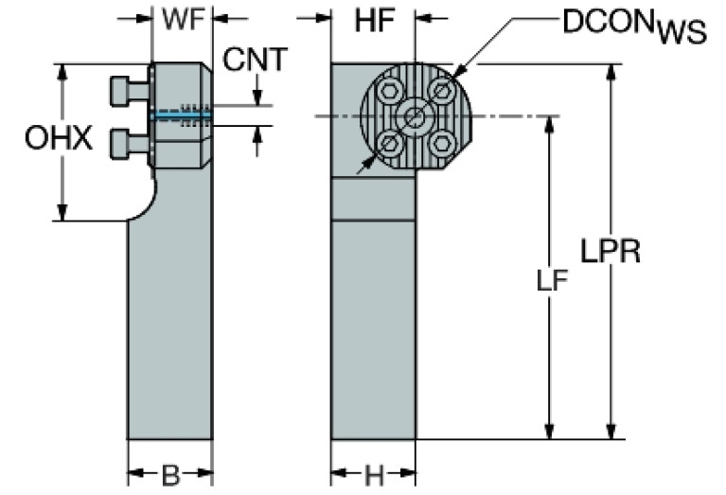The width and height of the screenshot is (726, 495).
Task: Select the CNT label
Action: coord(255,60)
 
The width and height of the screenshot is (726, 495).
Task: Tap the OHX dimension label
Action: coord(58,139)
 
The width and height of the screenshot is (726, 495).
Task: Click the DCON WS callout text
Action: coord(633,27)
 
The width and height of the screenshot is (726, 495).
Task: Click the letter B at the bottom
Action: coord(170,472)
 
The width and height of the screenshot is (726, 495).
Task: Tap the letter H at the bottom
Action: coord(374,472)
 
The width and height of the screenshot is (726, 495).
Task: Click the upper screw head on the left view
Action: coord(122,90)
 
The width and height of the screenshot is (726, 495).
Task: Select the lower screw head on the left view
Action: coord(122,143)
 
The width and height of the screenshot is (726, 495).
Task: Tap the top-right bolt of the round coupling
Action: coord(440,91)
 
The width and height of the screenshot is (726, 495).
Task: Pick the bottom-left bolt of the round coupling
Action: coord(388,144)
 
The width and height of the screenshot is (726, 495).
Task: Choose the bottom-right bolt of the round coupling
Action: coord(440,144)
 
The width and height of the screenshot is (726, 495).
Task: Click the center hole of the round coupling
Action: coord(414,117)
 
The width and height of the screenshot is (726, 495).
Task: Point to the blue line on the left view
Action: coord(180,115)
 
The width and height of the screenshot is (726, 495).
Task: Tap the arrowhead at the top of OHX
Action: coord(63,72)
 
